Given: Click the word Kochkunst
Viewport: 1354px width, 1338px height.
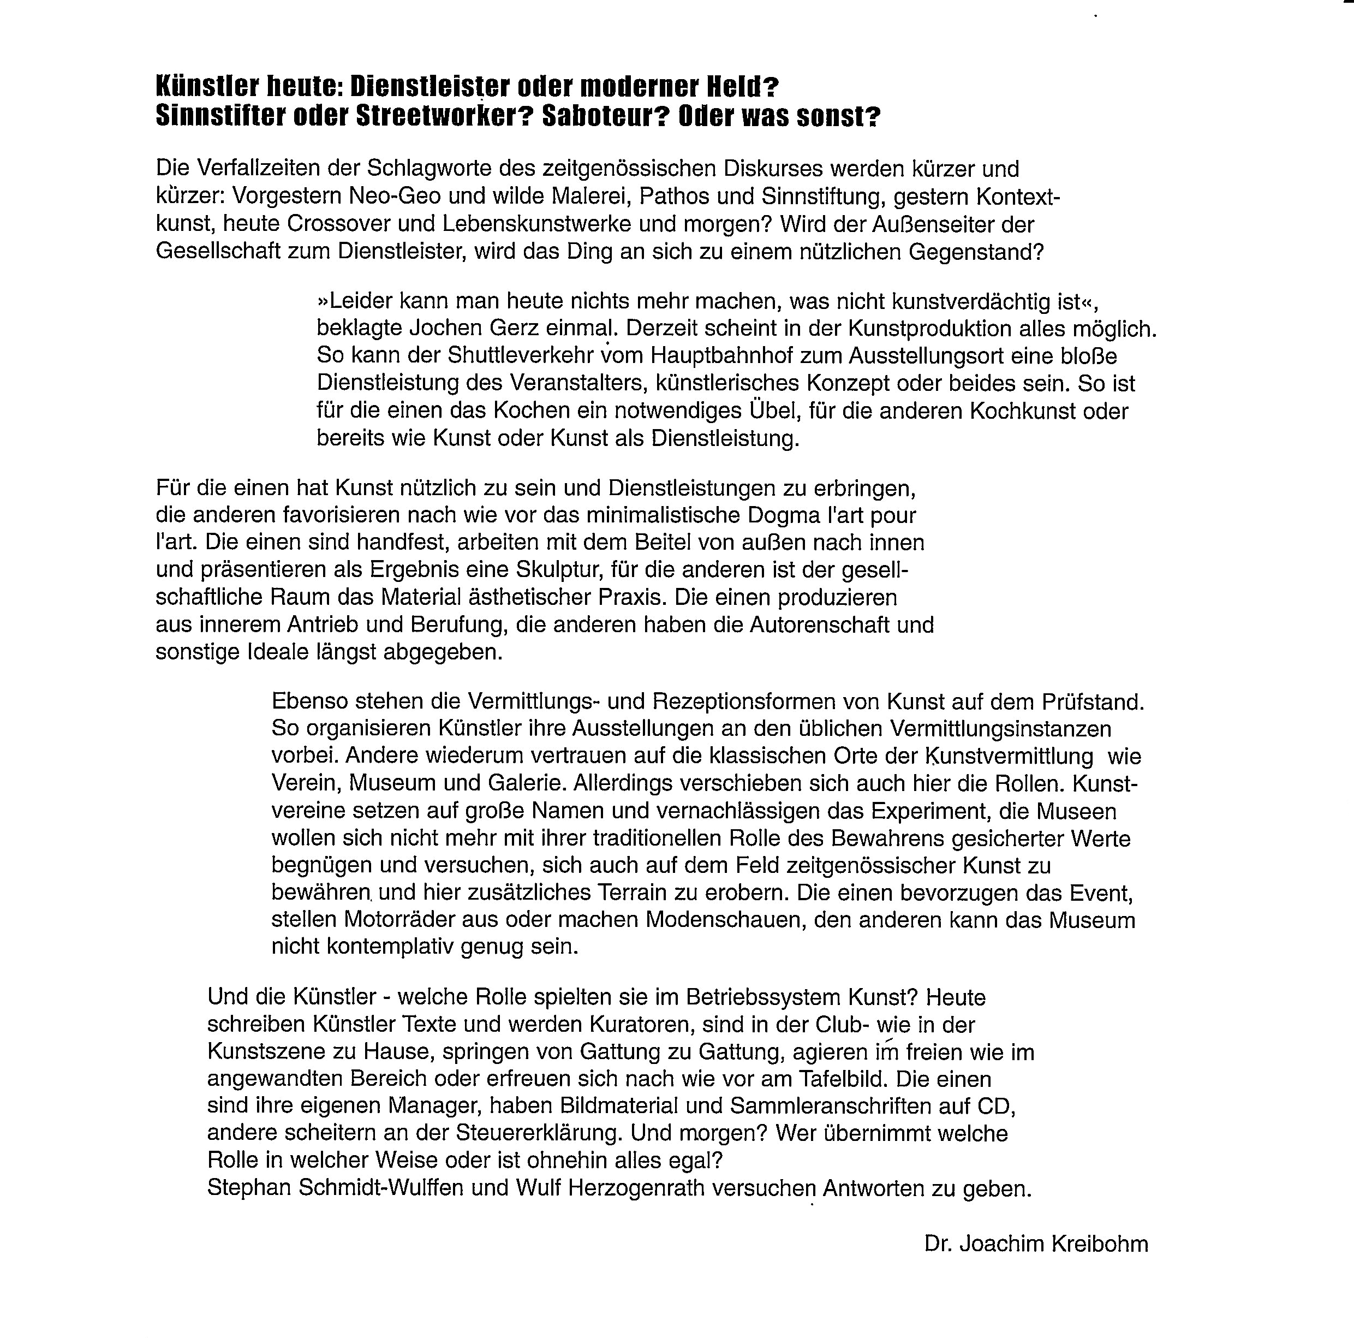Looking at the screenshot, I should click(1023, 411).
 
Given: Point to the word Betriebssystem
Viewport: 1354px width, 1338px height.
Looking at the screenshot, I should click(765, 997).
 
